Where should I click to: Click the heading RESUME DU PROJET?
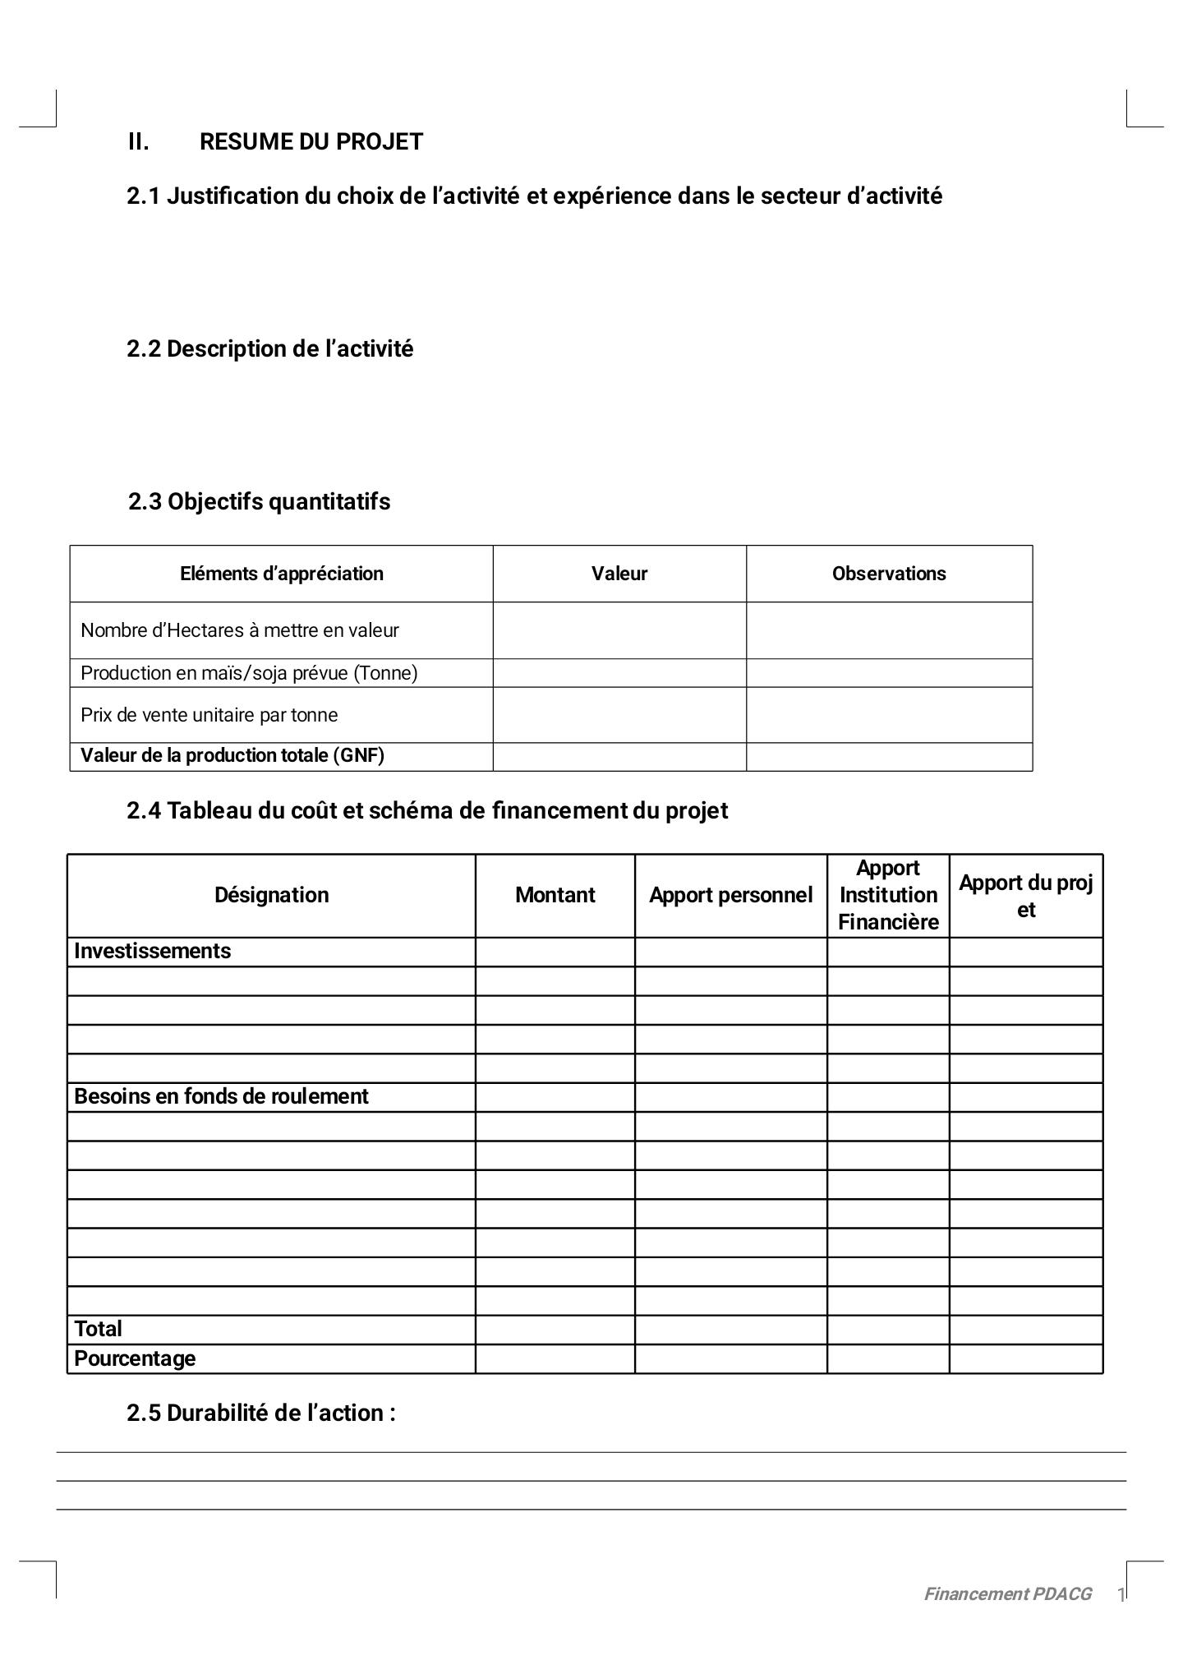311,142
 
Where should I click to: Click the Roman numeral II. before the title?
138,142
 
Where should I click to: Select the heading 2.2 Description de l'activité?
269,349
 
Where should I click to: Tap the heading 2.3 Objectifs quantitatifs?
259,502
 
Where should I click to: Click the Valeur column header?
619,574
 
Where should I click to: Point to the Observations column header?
888,574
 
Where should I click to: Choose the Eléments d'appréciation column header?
281,574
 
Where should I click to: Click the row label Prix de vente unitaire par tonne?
209,715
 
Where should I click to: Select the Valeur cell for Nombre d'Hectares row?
619,630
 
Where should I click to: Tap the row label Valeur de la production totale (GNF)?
232,756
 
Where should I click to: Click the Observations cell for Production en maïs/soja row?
888,673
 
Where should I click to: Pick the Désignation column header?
271,895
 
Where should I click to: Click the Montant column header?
555,895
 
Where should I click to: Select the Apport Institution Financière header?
887,895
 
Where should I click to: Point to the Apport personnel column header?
730,895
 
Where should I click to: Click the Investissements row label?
152,952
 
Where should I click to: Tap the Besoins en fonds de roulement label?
221,1097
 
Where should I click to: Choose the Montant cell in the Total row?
555,1330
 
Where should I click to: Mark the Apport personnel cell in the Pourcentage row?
730,1359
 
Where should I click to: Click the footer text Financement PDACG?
1007,1594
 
